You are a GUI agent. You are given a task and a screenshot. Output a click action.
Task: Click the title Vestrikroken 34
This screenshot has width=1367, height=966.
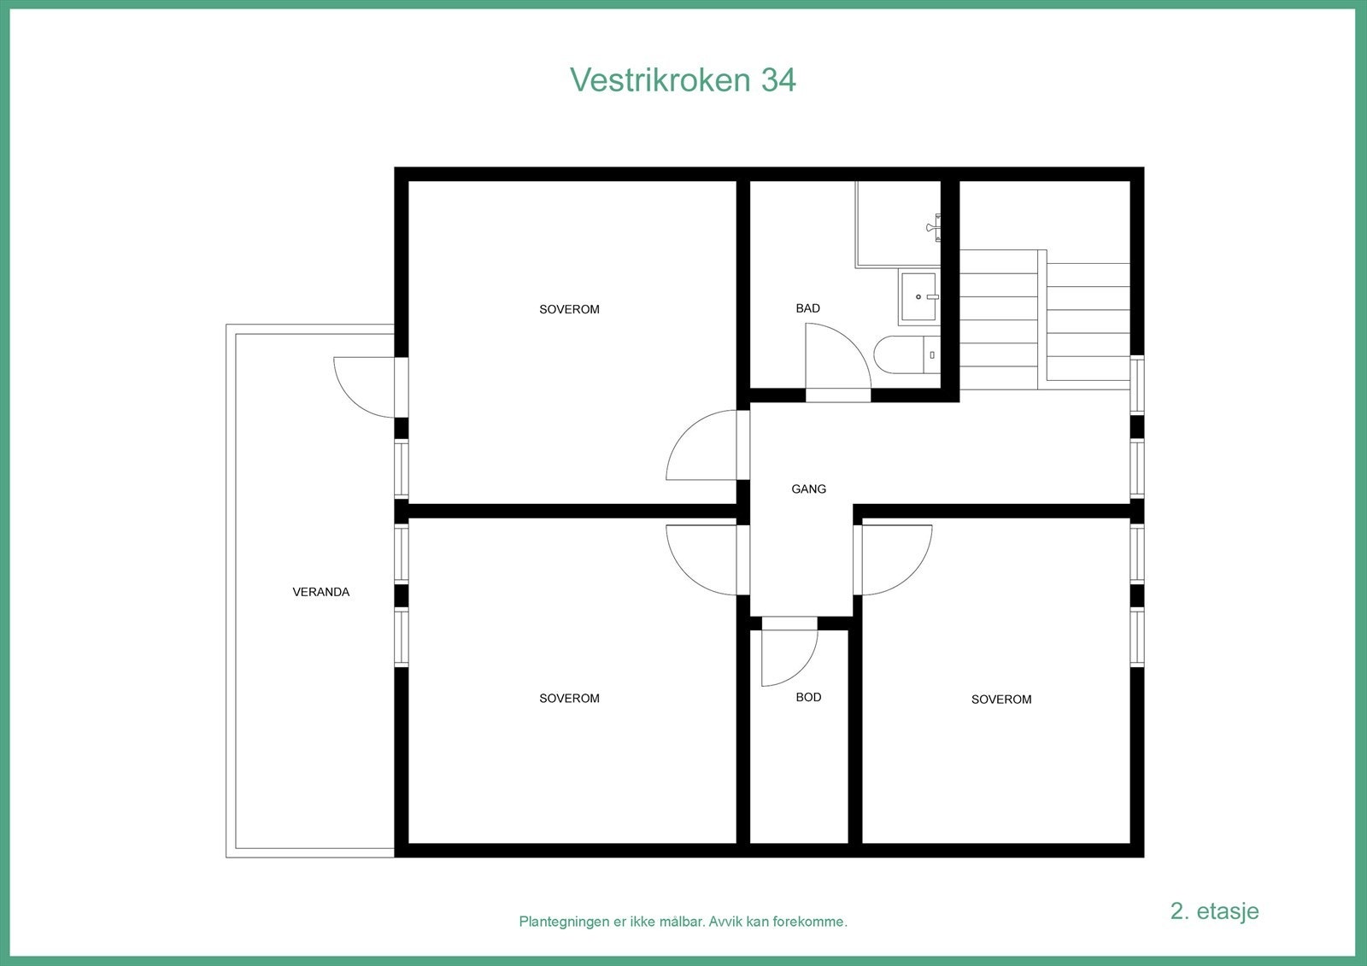pyautogui.click(x=683, y=79)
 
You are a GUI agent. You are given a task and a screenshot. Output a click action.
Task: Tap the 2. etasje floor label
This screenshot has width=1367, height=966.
pyautogui.click(x=1214, y=910)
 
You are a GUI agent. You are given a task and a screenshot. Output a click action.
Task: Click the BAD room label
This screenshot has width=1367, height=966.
pyautogui.click(x=807, y=308)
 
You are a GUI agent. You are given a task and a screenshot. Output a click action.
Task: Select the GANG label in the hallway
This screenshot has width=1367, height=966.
pyautogui.click(x=808, y=489)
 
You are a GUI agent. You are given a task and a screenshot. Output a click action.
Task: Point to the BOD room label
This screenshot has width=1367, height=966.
pyautogui.click(x=808, y=697)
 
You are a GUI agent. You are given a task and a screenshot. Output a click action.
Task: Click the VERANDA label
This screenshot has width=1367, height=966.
pyautogui.click(x=320, y=592)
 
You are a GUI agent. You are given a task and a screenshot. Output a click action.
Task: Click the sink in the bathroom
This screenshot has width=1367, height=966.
pyautogui.click(x=918, y=297)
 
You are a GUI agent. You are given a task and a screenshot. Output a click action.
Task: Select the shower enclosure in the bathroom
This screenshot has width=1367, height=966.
pyautogui.click(x=897, y=224)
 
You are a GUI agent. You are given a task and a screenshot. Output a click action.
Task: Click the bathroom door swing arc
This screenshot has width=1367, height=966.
pyautogui.click(x=842, y=354)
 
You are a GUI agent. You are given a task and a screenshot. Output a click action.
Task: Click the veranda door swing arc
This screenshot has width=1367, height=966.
pyautogui.click(x=363, y=389)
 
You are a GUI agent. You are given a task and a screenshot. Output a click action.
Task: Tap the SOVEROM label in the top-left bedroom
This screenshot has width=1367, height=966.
pyautogui.click(x=569, y=309)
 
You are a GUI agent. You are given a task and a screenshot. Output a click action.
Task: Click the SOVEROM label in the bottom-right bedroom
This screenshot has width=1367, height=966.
pyautogui.click(x=1001, y=700)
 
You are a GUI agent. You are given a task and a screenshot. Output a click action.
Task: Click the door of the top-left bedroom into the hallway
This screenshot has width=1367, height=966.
pyautogui.click(x=701, y=446)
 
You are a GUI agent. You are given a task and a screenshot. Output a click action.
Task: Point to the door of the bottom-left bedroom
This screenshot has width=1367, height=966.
pyautogui.click(x=701, y=559)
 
